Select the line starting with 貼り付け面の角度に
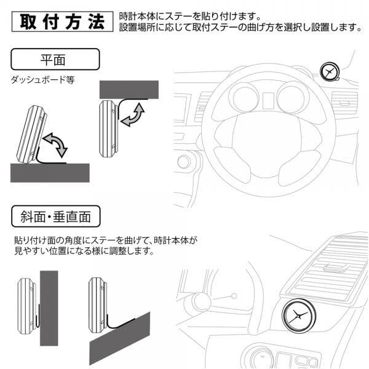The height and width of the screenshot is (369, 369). pyautogui.click(x=108, y=240)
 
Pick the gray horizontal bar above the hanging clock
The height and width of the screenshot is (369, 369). pyautogui.click(x=127, y=88)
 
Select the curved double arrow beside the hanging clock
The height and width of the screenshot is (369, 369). pyautogui.click(x=133, y=116)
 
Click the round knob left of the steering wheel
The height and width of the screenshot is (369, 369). pyautogui.click(x=183, y=162)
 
